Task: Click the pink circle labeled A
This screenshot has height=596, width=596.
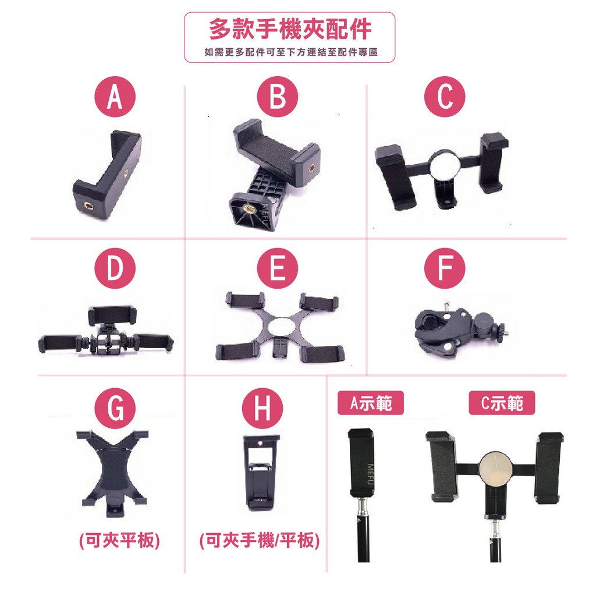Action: [115, 97]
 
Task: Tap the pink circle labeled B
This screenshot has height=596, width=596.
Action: [278, 97]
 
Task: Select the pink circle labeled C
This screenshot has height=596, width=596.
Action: [445, 97]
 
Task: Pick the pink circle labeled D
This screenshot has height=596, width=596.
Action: [115, 268]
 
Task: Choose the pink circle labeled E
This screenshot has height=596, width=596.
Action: [278, 268]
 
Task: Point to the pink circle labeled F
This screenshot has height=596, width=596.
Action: [445, 268]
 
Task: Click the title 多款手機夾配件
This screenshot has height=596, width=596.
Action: [290, 29]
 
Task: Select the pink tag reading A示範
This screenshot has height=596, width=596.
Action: [371, 403]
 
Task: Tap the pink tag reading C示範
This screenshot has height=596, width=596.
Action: [502, 403]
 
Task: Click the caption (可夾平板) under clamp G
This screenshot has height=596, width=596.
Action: [120, 540]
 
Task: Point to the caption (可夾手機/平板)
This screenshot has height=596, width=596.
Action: [260, 540]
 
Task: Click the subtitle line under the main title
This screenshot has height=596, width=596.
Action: [291, 52]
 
